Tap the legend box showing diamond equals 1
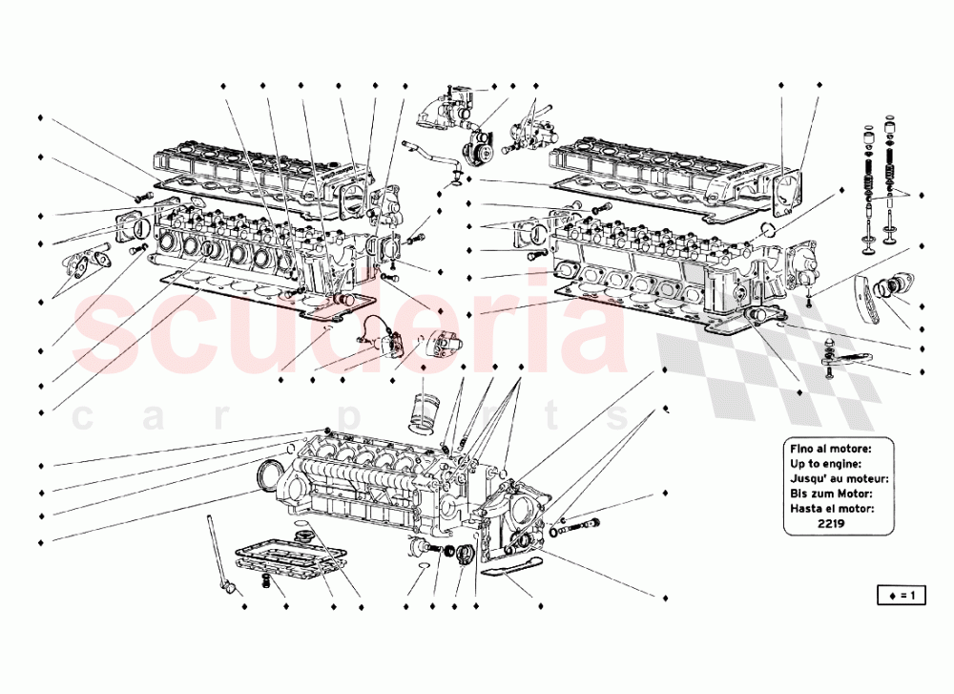[901, 597]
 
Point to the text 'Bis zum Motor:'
[832, 494]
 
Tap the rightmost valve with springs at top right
[892, 191]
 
